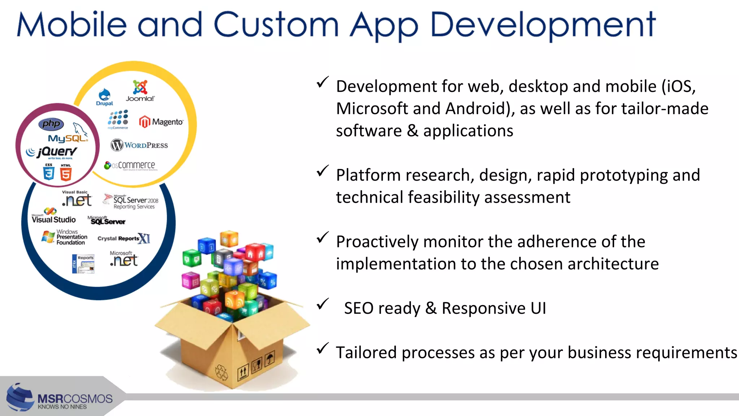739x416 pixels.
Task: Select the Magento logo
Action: [161, 122]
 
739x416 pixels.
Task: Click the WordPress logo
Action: [139, 145]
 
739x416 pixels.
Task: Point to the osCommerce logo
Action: [130, 165]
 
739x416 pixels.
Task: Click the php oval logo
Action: [51, 124]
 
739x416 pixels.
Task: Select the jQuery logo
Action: [52, 152]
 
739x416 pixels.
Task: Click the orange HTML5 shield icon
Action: [66, 173]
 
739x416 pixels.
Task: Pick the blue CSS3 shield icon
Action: [49, 173]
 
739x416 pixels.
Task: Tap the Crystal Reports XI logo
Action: [123, 238]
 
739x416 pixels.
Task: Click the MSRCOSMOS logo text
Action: [75, 399]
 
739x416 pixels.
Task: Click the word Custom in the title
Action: [276, 25]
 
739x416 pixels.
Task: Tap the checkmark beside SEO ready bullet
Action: [323, 304]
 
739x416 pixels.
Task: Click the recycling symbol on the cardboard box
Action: [221, 372]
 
